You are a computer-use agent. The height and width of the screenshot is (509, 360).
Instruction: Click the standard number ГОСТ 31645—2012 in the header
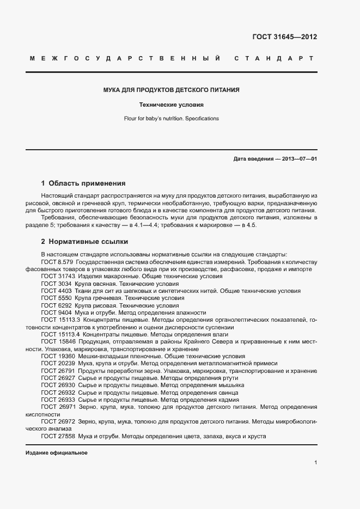coord(284,38)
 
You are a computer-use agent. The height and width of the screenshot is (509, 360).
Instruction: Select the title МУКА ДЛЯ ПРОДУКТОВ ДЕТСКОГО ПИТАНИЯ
coord(172,90)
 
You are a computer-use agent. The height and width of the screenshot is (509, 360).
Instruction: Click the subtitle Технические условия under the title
coord(172,105)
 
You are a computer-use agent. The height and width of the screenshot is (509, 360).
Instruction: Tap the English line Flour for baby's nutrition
coord(172,118)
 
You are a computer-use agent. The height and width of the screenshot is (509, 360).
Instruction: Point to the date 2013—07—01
coord(298,159)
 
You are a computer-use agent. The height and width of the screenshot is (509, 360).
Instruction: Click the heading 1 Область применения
coord(83,183)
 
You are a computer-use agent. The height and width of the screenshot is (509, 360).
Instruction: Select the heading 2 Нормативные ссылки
coord(84,241)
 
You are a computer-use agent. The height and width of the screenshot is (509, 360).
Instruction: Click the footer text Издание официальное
coord(56,453)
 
